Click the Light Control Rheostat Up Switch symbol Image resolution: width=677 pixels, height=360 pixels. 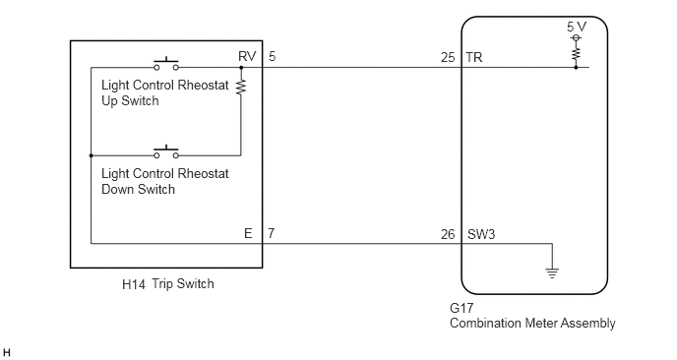coord(166,64)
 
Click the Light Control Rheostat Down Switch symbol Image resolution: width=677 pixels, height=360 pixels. coord(166,151)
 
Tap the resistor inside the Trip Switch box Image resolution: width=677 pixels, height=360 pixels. coord(241,87)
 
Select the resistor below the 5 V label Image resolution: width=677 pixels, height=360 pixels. coord(576,54)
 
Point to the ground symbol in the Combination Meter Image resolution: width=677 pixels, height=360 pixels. coord(552,273)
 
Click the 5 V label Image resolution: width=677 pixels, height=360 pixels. coord(577,27)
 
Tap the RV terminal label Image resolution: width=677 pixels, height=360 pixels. coord(247,56)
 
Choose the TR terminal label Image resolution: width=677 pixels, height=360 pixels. coord(474,57)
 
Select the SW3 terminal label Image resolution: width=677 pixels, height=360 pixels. coord(481,234)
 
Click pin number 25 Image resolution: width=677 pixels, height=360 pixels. coord(448,57)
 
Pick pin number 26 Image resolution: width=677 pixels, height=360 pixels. coord(448,234)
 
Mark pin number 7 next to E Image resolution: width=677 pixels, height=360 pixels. coord(271,233)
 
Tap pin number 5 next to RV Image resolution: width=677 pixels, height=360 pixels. coord(272,56)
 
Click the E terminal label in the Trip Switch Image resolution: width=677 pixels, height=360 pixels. coord(248,233)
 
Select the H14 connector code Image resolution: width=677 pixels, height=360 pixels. coord(134,284)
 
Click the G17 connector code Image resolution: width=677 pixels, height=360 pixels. coord(462,308)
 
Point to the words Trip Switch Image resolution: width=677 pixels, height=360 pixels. coord(183,283)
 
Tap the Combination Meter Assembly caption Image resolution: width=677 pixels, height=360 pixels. coord(532,323)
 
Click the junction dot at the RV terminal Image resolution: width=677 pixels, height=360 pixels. coord(241,67)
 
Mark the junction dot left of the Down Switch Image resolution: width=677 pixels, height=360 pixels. coord(92,155)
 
